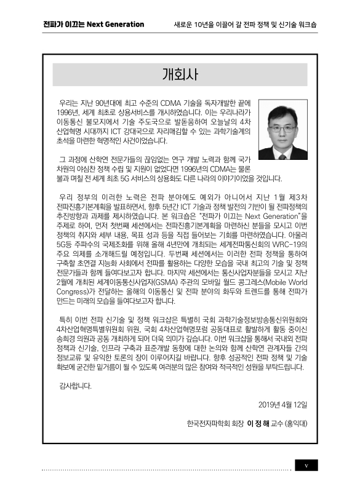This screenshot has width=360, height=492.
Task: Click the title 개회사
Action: coord(180,75)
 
